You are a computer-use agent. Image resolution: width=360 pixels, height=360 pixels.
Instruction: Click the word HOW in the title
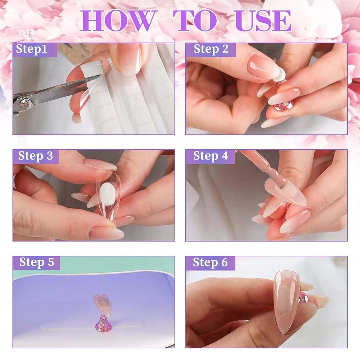pyautogui.click(x=118, y=21)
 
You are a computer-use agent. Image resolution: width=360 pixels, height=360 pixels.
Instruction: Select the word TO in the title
pyautogui.click(x=195, y=21)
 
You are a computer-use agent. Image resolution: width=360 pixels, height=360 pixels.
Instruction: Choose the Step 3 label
pyautogui.click(x=35, y=156)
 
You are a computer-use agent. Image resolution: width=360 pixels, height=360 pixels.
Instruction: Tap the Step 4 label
pyautogui.click(x=211, y=156)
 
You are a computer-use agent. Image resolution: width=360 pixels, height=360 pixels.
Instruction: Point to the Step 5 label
pyautogui.click(x=36, y=262)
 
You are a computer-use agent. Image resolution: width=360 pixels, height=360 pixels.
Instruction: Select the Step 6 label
pyautogui.click(x=210, y=262)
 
